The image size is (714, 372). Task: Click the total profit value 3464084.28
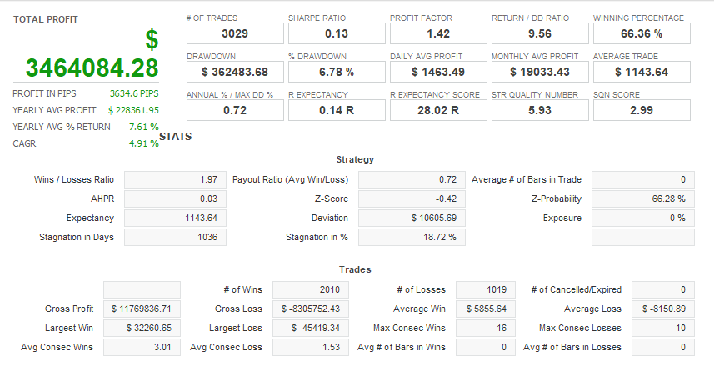92,68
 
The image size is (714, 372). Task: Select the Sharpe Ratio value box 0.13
336,33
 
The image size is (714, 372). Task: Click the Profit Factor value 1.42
437,33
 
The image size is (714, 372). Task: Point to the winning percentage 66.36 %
641,33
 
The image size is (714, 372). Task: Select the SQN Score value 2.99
641,110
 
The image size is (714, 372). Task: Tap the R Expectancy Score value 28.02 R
437,110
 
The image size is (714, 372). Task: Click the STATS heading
175,136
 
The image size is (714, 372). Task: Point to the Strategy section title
355,159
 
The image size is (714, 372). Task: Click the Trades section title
355,269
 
